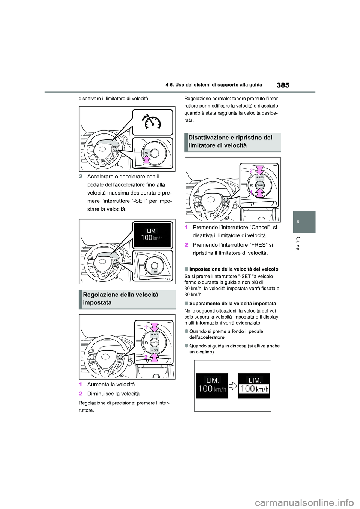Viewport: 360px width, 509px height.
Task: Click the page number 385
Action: (283, 85)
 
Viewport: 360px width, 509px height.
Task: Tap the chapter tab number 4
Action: (298, 222)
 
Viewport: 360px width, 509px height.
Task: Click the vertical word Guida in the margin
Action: (298, 243)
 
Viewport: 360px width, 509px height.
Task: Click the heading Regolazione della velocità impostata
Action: (121, 299)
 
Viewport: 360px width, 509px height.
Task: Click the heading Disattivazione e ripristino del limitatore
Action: (230, 142)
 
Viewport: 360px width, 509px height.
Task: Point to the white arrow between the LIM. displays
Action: (233, 386)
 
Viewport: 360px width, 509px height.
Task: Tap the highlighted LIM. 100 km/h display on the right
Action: (254, 385)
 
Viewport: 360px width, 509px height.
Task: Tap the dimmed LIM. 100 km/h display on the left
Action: (212, 385)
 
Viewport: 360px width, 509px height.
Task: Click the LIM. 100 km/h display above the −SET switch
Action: (152, 235)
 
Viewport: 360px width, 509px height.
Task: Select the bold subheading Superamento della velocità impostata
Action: (232, 304)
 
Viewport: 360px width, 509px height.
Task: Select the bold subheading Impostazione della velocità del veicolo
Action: (234, 269)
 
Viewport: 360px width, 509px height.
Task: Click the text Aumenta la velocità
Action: (111, 385)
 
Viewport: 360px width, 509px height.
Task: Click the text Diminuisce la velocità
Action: (113, 394)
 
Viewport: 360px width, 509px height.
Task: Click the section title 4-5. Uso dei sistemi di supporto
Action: (214, 85)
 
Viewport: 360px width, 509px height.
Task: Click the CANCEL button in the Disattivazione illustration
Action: (260, 185)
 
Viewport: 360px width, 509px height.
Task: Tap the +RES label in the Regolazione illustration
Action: (154, 334)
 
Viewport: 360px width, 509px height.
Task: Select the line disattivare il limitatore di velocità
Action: (114, 99)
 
